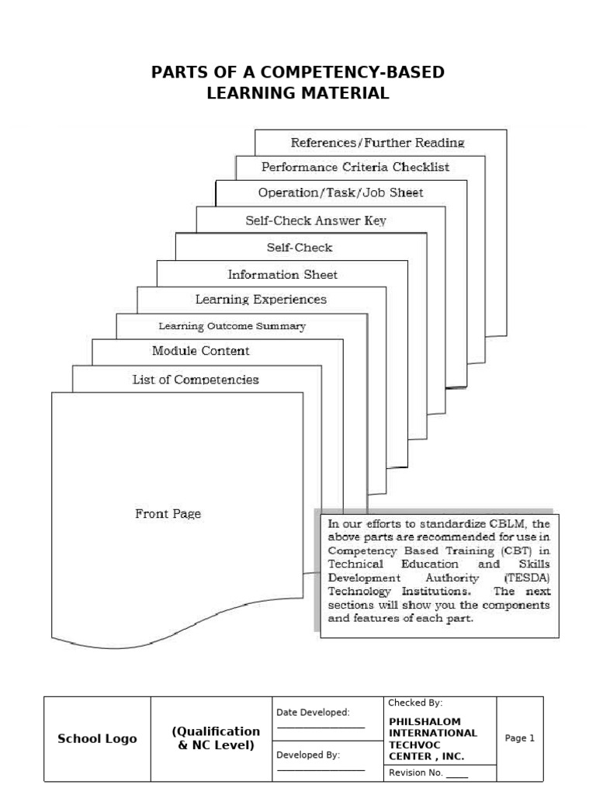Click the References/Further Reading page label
pyautogui.click(x=377, y=143)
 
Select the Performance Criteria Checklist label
pyautogui.click(x=355, y=167)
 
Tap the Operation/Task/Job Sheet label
pyautogui.click(x=341, y=193)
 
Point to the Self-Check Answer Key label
pyautogui.click(x=316, y=220)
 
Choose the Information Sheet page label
pyautogui.click(x=282, y=275)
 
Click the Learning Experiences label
pyautogui.click(x=261, y=300)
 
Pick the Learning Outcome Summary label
pyautogui.click(x=232, y=326)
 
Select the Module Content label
pyautogui.click(x=201, y=351)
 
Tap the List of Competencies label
pyautogui.click(x=196, y=380)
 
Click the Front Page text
pyautogui.click(x=168, y=514)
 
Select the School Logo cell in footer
pyautogui.click(x=97, y=738)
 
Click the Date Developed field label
pyautogui.click(x=313, y=712)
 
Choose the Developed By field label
pyautogui.click(x=308, y=754)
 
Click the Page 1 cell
pyautogui.click(x=520, y=738)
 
